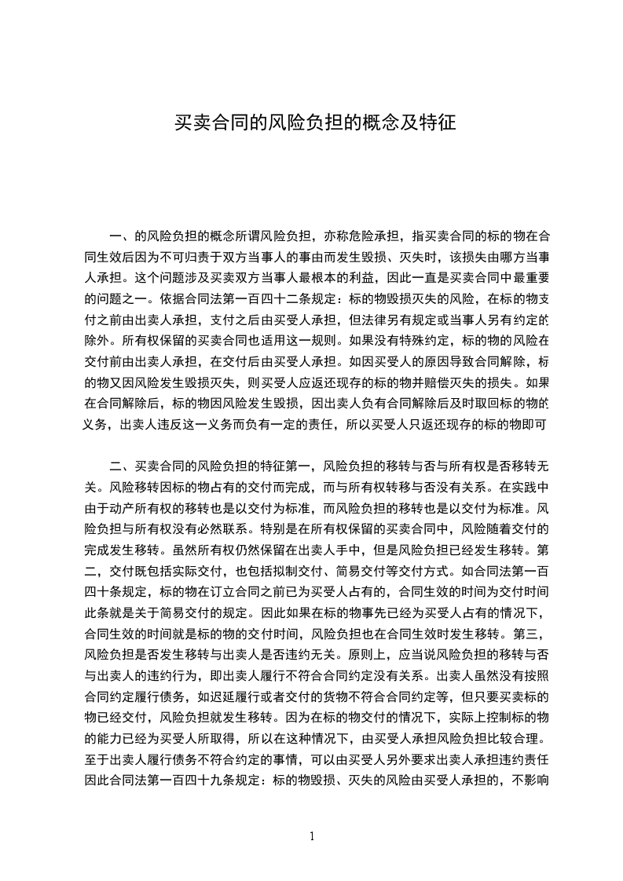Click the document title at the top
click(x=314, y=123)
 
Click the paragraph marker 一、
click(x=122, y=235)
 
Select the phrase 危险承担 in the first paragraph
click(x=371, y=235)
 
